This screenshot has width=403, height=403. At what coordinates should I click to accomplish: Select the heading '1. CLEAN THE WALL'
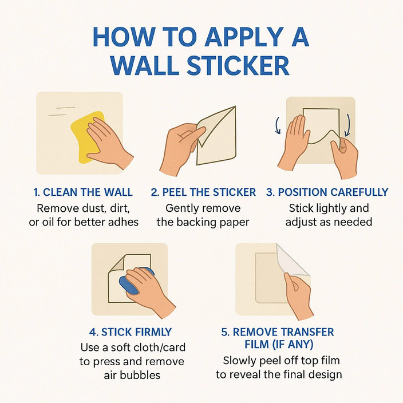tap(84, 192)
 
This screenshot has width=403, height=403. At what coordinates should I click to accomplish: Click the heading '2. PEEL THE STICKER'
tap(203, 192)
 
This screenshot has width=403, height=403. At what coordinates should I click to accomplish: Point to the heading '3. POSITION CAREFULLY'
tap(327, 192)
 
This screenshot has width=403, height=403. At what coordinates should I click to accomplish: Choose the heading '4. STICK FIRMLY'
tap(131, 332)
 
